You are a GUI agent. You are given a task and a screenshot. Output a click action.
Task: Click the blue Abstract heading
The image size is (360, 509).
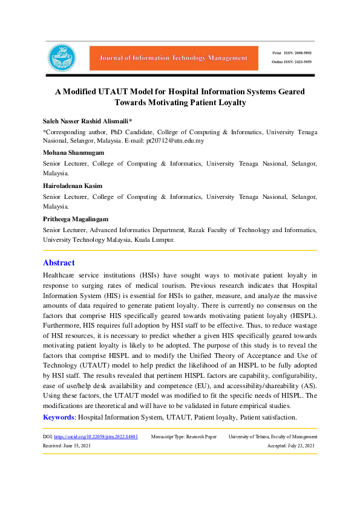click(59, 263)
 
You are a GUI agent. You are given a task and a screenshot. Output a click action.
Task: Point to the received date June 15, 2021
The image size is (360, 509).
click(76, 446)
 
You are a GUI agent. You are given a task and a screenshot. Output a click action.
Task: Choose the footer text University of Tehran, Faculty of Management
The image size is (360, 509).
click(273, 436)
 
